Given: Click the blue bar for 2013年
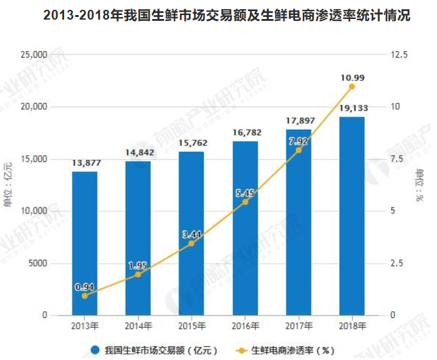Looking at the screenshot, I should (x=84, y=243).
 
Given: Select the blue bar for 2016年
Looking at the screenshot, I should (x=245, y=228).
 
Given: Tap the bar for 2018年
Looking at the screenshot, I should (x=352, y=216).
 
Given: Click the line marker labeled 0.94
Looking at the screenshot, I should (x=84, y=296).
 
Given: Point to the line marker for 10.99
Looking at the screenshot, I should (x=352, y=86).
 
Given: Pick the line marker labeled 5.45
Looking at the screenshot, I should (x=245, y=202).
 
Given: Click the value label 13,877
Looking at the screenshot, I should (x=84, y=162).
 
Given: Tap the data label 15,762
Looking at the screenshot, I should (x=192, y=143).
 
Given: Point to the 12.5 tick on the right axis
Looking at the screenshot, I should (x=398, y=54).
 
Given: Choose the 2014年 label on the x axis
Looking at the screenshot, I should (x=138, y=325).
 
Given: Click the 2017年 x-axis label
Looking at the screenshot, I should (x=298, y=325).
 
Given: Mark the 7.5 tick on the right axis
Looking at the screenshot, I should (x=396, y=159).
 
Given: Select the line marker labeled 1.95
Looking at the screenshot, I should (x=138, y=275).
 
